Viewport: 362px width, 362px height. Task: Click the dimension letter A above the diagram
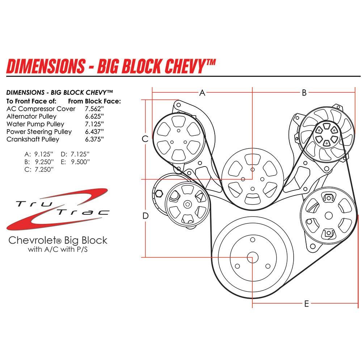[x=202, y=93]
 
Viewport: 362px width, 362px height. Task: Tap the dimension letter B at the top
[x=304, y=93]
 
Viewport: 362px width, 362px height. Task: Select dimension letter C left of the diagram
[x=145, y=139]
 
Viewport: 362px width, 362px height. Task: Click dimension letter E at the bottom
[x=306, y=304]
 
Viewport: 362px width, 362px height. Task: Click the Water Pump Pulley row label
[x=35, y=124]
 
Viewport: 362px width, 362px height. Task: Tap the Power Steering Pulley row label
[x=39, y=131]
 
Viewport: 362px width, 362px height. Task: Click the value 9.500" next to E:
[x=80, y=161]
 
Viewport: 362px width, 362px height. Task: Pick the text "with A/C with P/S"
[x=58, y=249]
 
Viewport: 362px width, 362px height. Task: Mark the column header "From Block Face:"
[x=94, y=101]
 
